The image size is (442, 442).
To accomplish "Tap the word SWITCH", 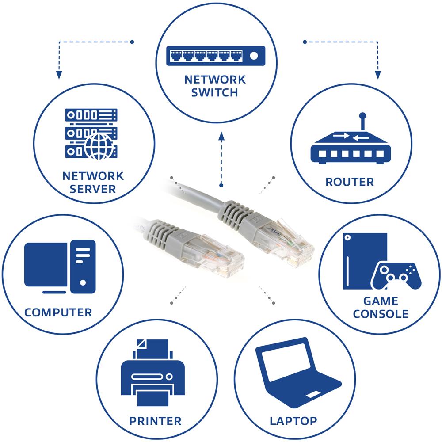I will point(215,93).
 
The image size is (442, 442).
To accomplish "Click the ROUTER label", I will point(350,182).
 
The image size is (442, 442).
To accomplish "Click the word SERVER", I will point(93,189).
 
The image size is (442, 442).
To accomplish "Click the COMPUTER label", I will point(58,312).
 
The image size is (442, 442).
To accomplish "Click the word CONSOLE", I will point(381,314).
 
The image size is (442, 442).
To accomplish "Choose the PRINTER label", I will point(155,420).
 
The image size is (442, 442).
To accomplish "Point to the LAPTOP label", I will point(293,420).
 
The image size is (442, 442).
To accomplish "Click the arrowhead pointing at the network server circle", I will point(58,76).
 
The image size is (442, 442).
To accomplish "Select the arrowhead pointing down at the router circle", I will point(378,76).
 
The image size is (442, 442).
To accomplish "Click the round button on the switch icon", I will point(254,56).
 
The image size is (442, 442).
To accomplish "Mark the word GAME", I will point(381,301).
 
